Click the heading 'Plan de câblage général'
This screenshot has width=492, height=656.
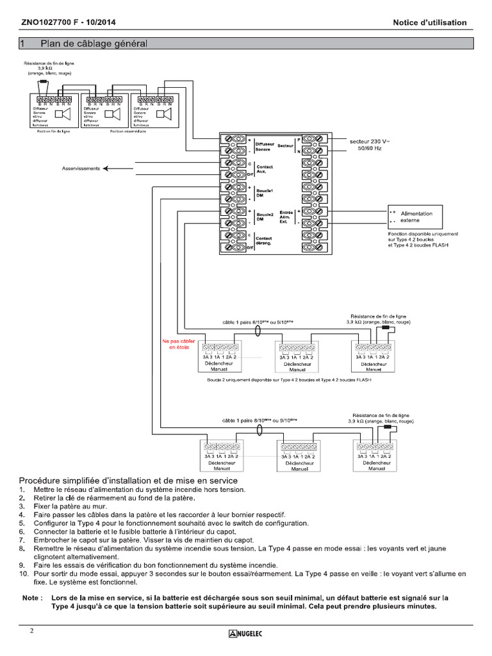[x=94, y=44]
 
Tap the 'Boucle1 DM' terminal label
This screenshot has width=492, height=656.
[x=265, y=193]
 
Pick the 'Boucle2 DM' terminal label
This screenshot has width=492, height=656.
[x=265, y=217]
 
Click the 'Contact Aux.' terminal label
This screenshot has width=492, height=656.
[x=264, y=169]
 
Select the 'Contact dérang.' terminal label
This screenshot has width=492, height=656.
[x=264, y=241]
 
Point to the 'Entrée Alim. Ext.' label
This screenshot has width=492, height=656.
[x=286, y=217]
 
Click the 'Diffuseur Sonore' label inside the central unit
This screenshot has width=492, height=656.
[x=265, y=147]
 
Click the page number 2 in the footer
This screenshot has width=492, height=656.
[x=31, y=631]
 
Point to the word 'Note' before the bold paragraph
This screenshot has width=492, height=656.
[x=31, y=598]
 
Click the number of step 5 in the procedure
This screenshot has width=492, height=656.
[x=22, y=523]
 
